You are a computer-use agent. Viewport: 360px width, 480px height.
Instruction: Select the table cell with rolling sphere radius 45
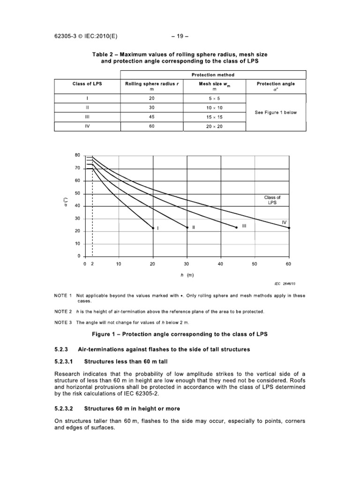151,117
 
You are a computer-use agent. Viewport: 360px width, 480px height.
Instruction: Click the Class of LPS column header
87,84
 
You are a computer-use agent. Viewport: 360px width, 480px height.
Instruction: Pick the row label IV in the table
87,127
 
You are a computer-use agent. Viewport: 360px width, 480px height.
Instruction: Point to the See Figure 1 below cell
276,112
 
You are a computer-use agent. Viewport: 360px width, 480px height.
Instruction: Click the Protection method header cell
213,75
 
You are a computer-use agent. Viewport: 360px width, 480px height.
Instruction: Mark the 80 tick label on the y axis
77,155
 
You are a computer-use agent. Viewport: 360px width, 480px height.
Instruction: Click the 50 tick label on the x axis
255,264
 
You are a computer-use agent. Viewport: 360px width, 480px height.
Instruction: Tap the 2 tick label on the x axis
92,264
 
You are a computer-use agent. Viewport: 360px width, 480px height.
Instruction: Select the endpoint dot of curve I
153,228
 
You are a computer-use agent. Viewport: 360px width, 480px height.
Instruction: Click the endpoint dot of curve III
236,228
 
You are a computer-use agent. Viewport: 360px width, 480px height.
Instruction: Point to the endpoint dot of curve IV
289,228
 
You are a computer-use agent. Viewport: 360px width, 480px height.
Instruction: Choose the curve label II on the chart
193,227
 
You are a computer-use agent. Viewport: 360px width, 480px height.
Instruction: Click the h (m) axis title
187,275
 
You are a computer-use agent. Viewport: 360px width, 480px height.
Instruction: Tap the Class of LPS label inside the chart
272,200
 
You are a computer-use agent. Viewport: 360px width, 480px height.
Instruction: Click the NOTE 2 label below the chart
62,312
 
